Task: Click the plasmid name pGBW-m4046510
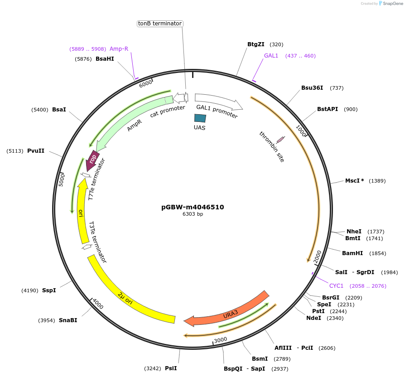(x=193, y=207)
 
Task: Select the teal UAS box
(x=200, y=118)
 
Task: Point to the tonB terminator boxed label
(x=160, y=23)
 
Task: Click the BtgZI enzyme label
(x=256, y=44)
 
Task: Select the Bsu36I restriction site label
(x=312, y=88)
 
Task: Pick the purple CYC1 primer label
(x=336, y=286)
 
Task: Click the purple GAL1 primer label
(x=271, y=56)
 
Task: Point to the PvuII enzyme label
(x=36, y=151)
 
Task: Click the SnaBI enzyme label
(x=67, y=320)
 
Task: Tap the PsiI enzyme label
(x=171, y=368)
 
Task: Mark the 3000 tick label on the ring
(x=221, y=340)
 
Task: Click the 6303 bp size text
(x=193, y=214)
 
